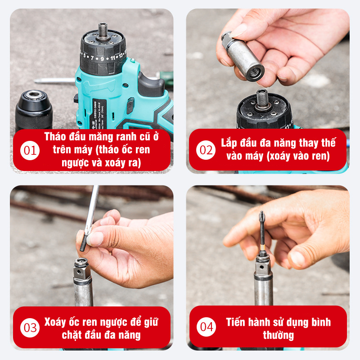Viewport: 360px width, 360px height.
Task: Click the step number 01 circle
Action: click(30, 150)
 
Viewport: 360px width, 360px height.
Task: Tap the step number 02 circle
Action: click(206, 150)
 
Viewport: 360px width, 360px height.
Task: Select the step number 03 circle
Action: click(30, 328)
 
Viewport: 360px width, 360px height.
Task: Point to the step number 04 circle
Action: click(206, 327)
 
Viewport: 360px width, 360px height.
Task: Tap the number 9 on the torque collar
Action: click(102, 59)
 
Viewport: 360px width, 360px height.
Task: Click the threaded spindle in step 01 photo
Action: click(103, 31)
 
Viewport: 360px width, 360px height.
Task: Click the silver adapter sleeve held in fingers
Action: click(243, 57)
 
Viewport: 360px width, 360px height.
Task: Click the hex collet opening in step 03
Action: click(81, 261)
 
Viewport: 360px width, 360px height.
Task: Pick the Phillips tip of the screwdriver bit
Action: click(261, 216)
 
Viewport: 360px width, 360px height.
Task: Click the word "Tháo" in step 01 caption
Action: click(54, 136)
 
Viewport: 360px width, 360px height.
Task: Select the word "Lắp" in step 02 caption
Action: click(229, 143)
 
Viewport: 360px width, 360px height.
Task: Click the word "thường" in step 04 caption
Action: click(278, 335)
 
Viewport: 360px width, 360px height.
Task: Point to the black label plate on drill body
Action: click(99, 114)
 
